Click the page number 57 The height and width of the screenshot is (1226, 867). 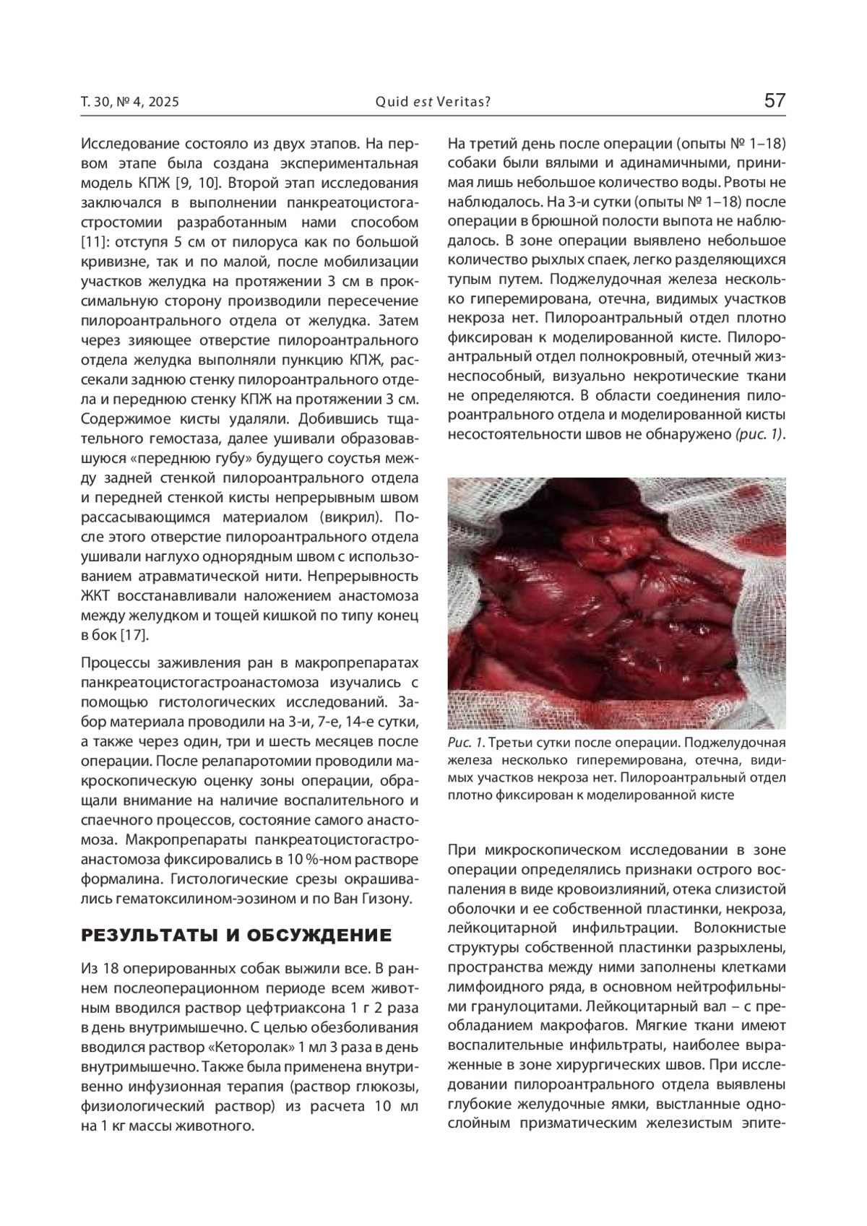tap(775, 100)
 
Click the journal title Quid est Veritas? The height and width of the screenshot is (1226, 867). tap(433, 102)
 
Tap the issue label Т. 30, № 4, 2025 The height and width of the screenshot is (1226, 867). tap(130, 102)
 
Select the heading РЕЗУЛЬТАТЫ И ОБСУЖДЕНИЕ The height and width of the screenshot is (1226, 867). tap(236, 936)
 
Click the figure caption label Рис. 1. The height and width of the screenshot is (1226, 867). tap(465, 743)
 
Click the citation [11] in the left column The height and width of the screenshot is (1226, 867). tap(94, 241)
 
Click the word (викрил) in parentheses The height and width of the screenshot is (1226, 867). tap(342, 517)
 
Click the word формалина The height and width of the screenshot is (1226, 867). tap(116, 879)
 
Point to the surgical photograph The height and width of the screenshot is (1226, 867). tap(616, 603)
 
